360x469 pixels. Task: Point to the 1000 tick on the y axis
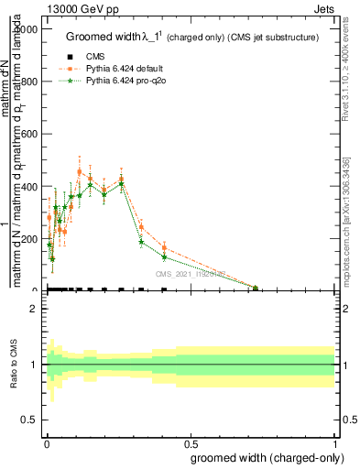28,29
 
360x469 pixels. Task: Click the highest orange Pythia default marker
79,171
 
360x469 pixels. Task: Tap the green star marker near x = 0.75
256,288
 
